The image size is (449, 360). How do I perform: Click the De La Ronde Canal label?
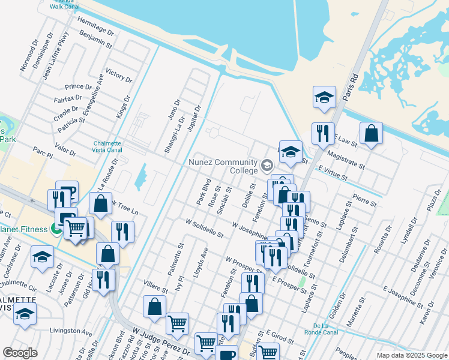334,329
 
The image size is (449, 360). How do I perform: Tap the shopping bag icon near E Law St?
372,134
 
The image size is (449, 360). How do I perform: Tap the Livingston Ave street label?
71,331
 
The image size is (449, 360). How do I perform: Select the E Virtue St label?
333,170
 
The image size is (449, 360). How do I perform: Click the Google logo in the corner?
20,353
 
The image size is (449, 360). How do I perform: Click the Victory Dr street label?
118,75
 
